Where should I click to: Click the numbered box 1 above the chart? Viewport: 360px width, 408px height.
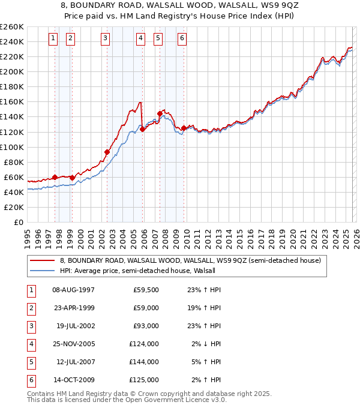[53, 38]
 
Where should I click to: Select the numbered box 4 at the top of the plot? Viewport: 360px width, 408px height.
[140, 38]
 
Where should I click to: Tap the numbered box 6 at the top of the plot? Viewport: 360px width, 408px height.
[182, 38]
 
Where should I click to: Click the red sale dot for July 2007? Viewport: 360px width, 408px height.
[160, 113]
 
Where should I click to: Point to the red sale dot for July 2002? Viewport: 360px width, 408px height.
[107, 152]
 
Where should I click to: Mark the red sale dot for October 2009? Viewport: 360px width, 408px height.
[184, 128]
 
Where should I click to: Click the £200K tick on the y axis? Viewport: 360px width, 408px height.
[12, 71]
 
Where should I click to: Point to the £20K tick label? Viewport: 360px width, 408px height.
[14, 207]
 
